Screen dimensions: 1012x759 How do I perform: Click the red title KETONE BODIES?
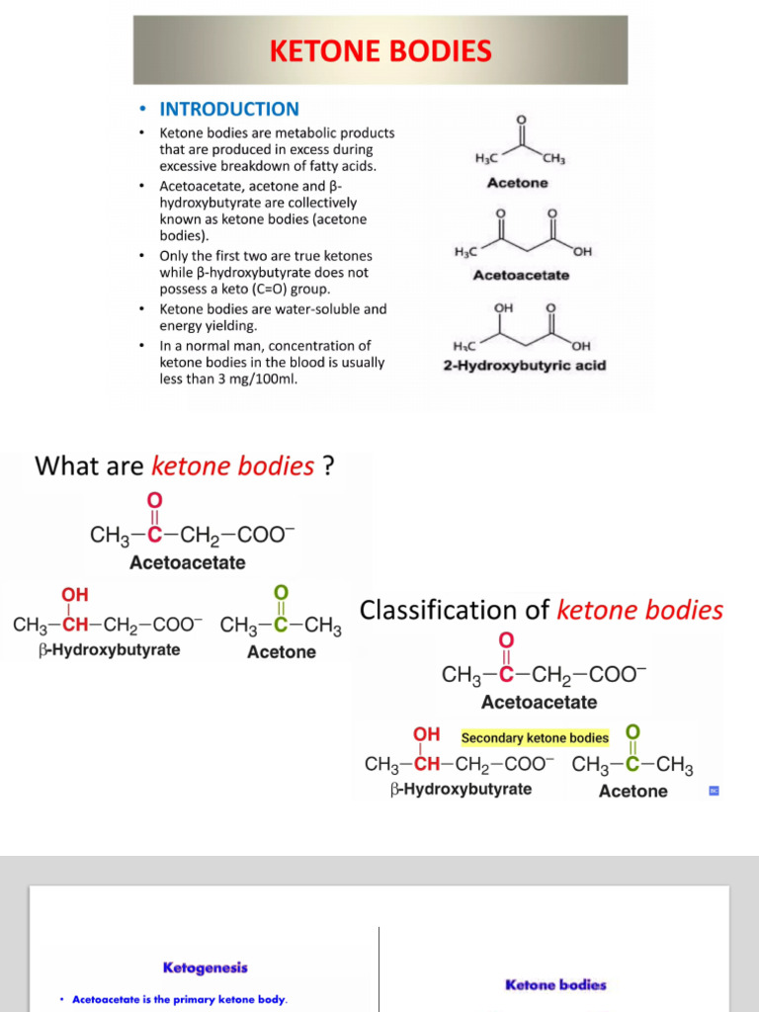pyautogui.click(x=380, y=50)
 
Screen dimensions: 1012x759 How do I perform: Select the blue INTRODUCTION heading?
pyautogui.click(x=229, y=109)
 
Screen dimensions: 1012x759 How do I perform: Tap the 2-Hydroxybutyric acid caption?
pyautogui.click(x=524, y=366)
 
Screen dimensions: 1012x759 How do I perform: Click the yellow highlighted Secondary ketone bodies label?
pyautogui.click(x=535, y=737)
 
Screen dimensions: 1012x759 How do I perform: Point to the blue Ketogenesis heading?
pyautogui.click(x=206, y=968)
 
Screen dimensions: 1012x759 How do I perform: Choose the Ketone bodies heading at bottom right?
pyautogui.click(x=555, y=984)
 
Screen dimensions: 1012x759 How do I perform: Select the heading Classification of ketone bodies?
pyautogui.click(x=542, y=610)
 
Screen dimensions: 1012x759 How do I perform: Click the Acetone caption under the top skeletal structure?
pyautogui.click(x=518, y=183)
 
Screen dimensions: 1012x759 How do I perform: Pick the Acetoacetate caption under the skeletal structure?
pyautogui.click(x=521, y=275)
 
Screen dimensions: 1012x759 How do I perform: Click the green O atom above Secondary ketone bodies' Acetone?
pyautogui.click(x=633, y=732)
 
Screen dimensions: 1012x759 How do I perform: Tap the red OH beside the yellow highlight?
pyautogui.click(x=426, y=734)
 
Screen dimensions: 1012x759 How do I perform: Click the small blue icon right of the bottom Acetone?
pyautogui.click(x=714, y=791)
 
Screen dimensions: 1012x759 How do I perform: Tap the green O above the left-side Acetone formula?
pyautogui.click(x=281, y=592)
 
